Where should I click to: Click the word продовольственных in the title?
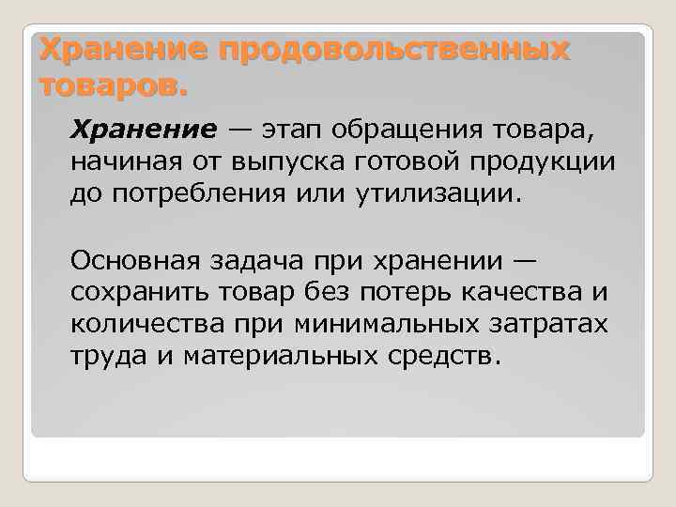click(x=393, y=51)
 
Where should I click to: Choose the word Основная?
click(x=137, y=257)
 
